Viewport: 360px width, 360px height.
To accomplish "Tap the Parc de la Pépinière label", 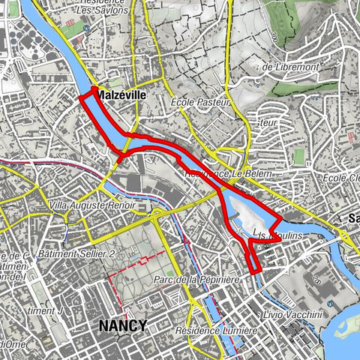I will click(x=196, y=280).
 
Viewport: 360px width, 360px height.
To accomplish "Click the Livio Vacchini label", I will click(x=292, y=313).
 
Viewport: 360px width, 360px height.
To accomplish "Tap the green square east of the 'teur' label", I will click(x=300, y=155).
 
